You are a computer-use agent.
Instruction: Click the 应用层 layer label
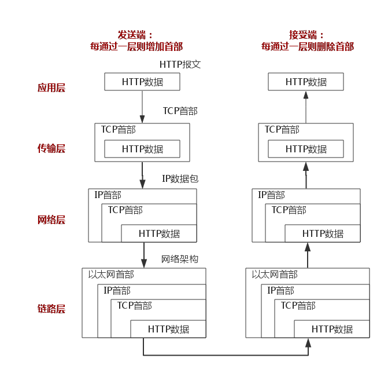[x=51, y=88]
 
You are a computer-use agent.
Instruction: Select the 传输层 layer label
[x=51, y=148]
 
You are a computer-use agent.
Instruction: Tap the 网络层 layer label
[x=51, y=220]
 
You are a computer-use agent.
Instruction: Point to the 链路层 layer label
[x=51, y=309]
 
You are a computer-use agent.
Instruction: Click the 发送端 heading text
[x=136, y=35]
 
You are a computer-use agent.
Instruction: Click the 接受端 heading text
[x=306, y=35]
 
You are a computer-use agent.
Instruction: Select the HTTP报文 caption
[x=180, y=64]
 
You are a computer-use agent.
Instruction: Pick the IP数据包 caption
[x=180, y=179]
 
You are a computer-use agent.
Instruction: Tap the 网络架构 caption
[x=180, y=259]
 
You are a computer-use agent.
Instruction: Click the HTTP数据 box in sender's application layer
[x=142, y=82]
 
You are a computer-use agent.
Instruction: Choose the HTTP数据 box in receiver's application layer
[x=306, y=82]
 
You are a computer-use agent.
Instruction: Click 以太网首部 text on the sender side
[x=111, y=275]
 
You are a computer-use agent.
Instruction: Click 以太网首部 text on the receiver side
[x=275, y=275]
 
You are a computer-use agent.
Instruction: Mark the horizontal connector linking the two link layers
[x=226, y=354]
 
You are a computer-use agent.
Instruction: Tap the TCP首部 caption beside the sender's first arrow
[x=180, y=111]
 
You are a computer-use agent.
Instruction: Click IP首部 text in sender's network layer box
[x=108, y=195]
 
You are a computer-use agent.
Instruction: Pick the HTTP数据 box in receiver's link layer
[x=332, y=329]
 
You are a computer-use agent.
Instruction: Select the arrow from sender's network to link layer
[x=143, y=254]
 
